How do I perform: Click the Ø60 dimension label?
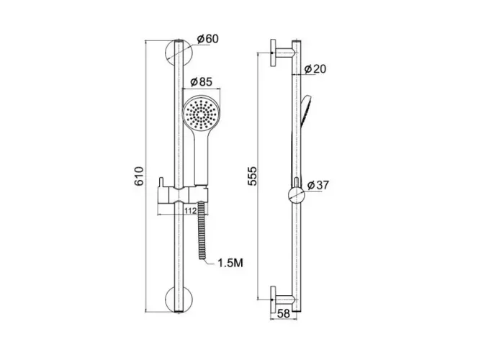tap(207, 39)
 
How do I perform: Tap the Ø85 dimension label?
tap(201, 82)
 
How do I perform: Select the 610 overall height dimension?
tap(139, 176)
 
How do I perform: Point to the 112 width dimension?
tap(191, 211)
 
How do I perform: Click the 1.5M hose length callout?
tap(230, 263)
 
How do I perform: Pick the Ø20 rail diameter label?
tap(315, 69)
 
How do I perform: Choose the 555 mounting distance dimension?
tap(252, 176)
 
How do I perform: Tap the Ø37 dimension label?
tap(318, 185)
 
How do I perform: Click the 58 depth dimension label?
tap(284, 313)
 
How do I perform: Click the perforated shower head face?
tap(201, 114)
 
